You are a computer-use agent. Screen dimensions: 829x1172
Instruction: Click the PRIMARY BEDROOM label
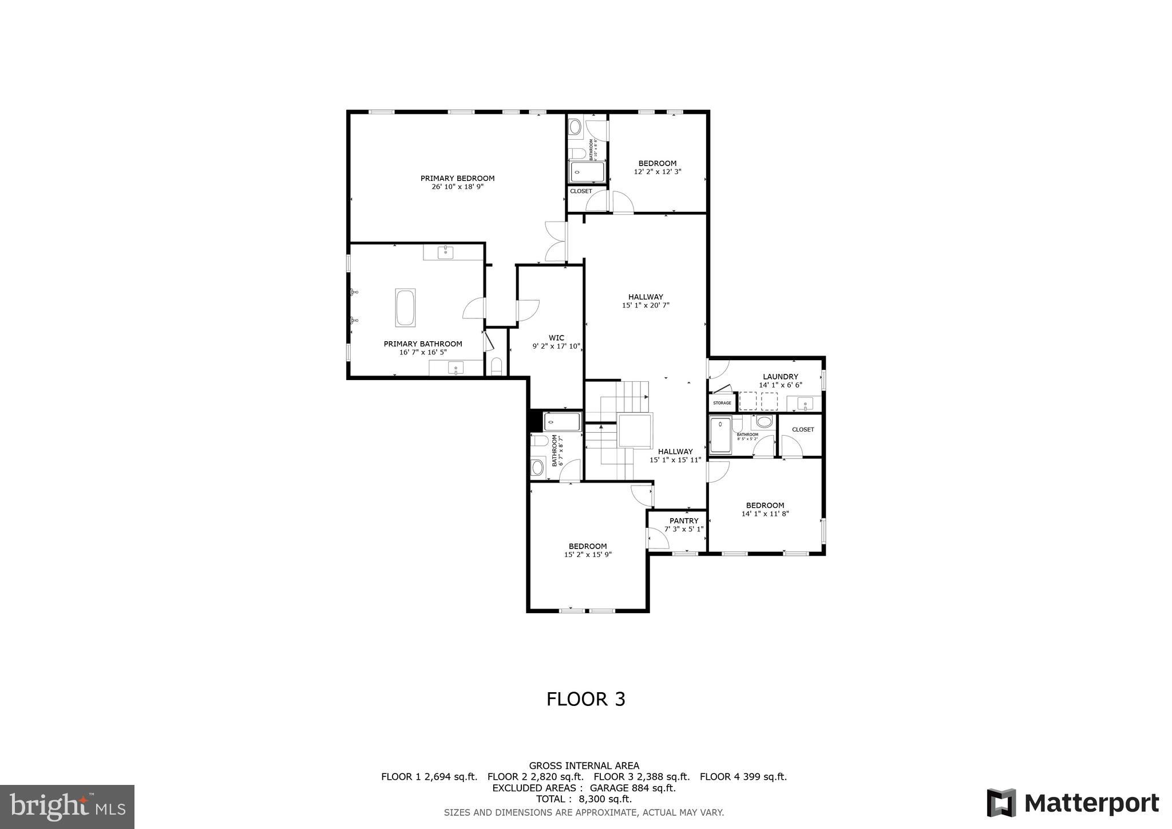point(457,178)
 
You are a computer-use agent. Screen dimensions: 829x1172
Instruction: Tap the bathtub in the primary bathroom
point(405,307)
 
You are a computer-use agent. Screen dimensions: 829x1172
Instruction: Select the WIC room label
point(556,338)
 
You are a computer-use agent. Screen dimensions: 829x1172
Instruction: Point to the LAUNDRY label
point(780,377)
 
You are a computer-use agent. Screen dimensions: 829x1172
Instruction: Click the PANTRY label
point(684,521)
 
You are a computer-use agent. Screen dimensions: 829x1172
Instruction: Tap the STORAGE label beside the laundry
point(722,403)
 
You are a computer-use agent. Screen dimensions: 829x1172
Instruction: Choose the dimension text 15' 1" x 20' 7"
point(646,306)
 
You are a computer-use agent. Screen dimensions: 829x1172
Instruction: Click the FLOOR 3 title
point(585,699)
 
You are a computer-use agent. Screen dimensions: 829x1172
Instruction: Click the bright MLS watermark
point(67,807)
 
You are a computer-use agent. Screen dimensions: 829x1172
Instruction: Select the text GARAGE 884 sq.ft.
point(632,788)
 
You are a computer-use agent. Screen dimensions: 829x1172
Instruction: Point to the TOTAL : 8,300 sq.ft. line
point(584,799)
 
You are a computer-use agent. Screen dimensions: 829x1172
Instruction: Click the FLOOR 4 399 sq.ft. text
point(743,777)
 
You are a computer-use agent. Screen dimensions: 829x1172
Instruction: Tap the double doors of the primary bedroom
point(556,241)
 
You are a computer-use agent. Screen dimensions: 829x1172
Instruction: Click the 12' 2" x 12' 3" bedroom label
point(658,167)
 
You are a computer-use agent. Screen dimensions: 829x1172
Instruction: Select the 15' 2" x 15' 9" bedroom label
point(588,550)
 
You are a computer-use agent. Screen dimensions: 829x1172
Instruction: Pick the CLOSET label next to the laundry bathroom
point(803,429)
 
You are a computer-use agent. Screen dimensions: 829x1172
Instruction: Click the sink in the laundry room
point(805,404)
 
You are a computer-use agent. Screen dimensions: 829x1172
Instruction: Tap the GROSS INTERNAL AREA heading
point(584,766)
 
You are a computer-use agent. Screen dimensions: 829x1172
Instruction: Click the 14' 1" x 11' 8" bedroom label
point(765,510)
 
